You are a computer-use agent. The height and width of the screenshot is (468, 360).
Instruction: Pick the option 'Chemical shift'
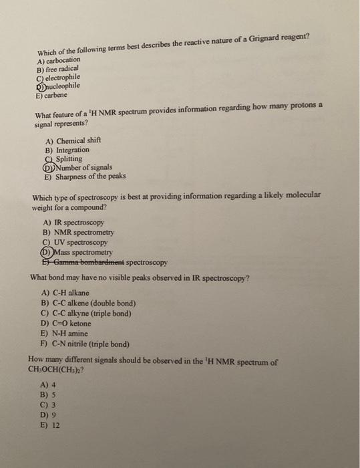pyautogui.click(x=78, y=141)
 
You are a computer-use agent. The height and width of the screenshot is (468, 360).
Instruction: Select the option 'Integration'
pyautogui.click(x=73, y=150)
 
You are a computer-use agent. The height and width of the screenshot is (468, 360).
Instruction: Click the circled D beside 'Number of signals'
pyautogui.click(x=49, y=168)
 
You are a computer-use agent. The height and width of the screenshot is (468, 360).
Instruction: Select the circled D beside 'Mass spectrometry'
pyautogui.click(x=47, y=252)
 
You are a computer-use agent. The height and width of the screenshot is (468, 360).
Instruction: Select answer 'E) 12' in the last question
pyautogui.click(x=51, y=425)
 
